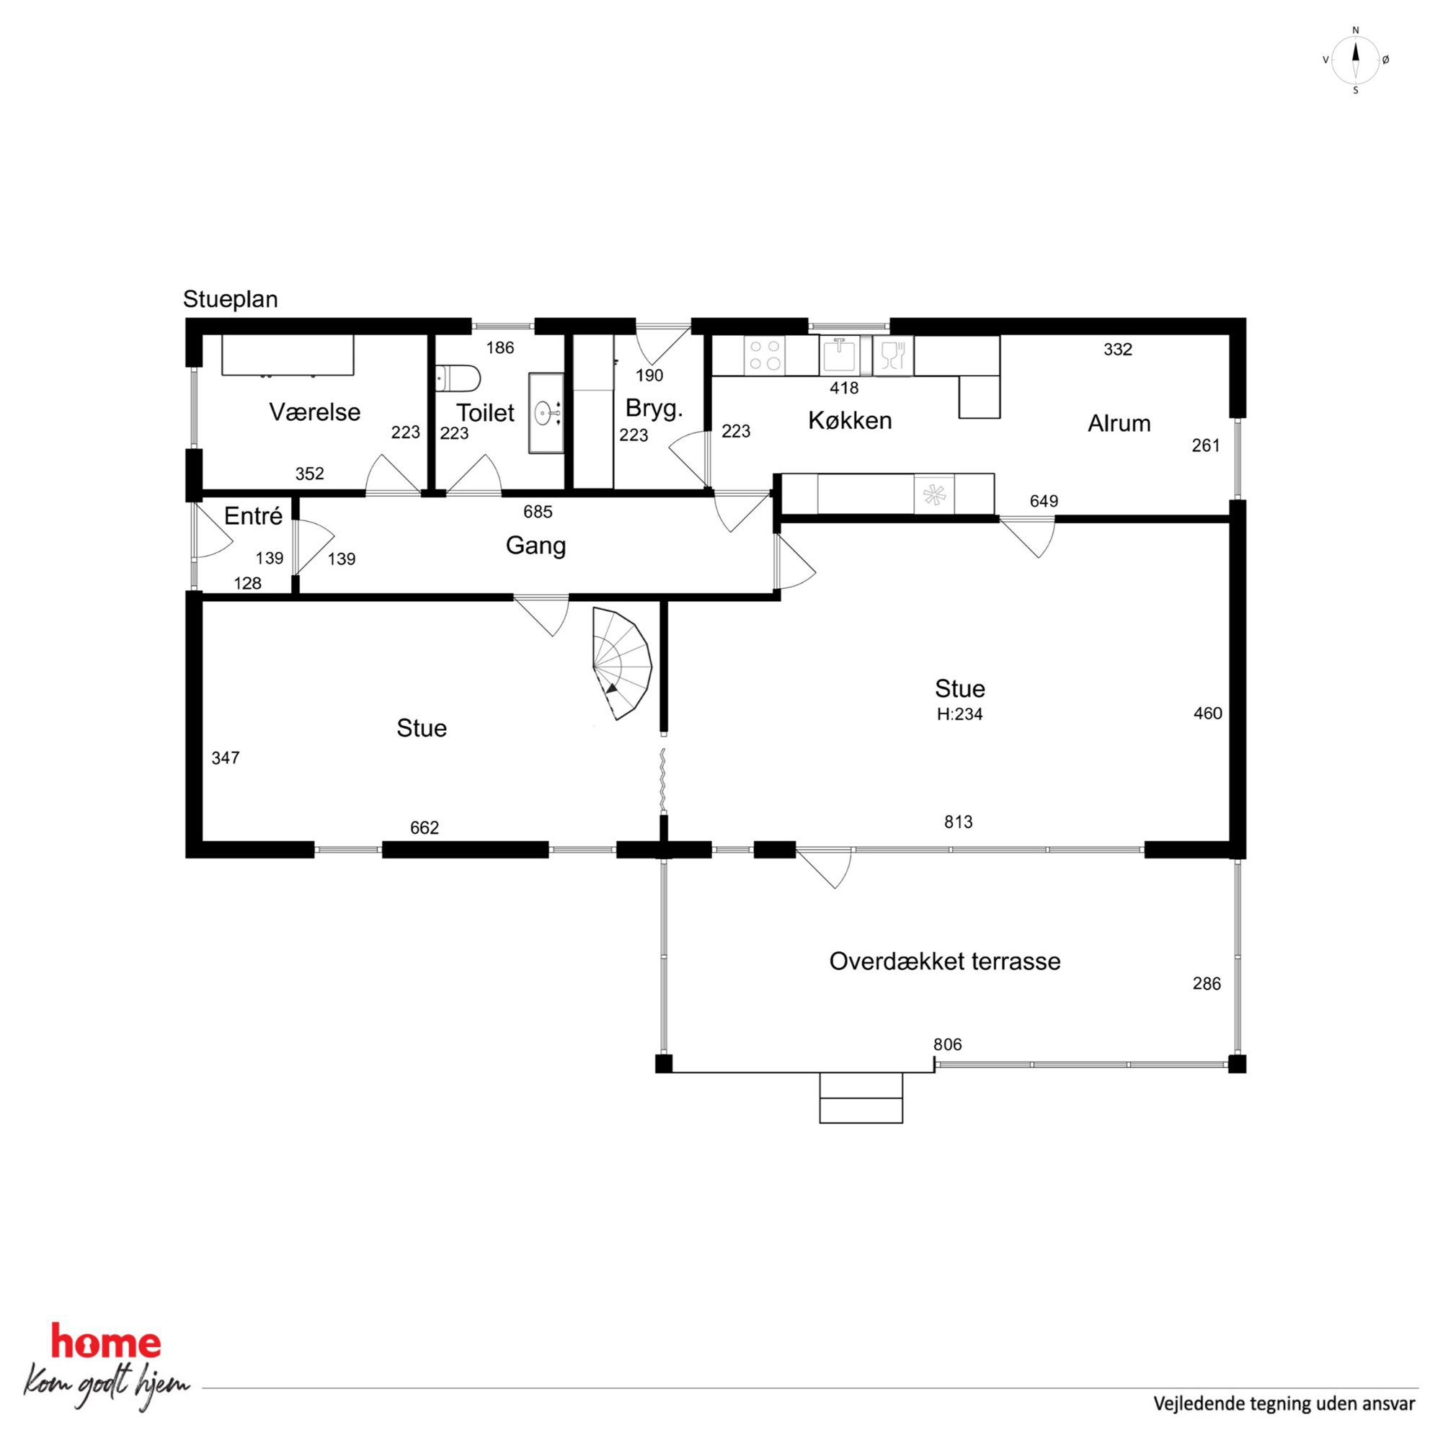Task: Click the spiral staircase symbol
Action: pyautogui.click(x=622, y=663)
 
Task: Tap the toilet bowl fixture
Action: pyautogui.click(x=458, y=378)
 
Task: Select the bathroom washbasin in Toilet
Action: pyautogui.click(x=546, y=412)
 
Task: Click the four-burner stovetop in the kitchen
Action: pyautogui.click(x=765, y=355)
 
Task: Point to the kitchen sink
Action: pyautogui.click(x=840, y=355)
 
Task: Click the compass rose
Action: pyautogui.click(x=1355, y=61)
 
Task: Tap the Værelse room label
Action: pyautogui.click(x=314, y=412)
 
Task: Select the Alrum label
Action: pyautogui.click(x=1119, y=423)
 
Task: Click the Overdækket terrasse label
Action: pyautogui.click(x=944, y=961)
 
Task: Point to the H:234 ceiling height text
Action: pyautogui.click(x=959, y=714)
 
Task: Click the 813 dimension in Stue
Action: pyautogui.click(x=958, y=822)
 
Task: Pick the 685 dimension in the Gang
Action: pyautogui.click(x=538, y=512)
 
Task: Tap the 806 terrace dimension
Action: pyautogui.click(x=947, y=1044)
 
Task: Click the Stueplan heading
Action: pyautogui.click(x=230, y=299)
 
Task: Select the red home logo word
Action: pyautogui.click(x=105, y=1342)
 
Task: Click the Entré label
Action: pyautogui.click(x=253, y=516)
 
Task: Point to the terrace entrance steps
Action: pyautogui.click(x=861, y=1098)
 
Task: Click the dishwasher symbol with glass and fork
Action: pyautogui.click(x=893, y=355)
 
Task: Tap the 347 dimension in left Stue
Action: pyautogui.click(x=225, y=758)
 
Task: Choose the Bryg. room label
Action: pyautogui.click(x=654, y=408)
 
